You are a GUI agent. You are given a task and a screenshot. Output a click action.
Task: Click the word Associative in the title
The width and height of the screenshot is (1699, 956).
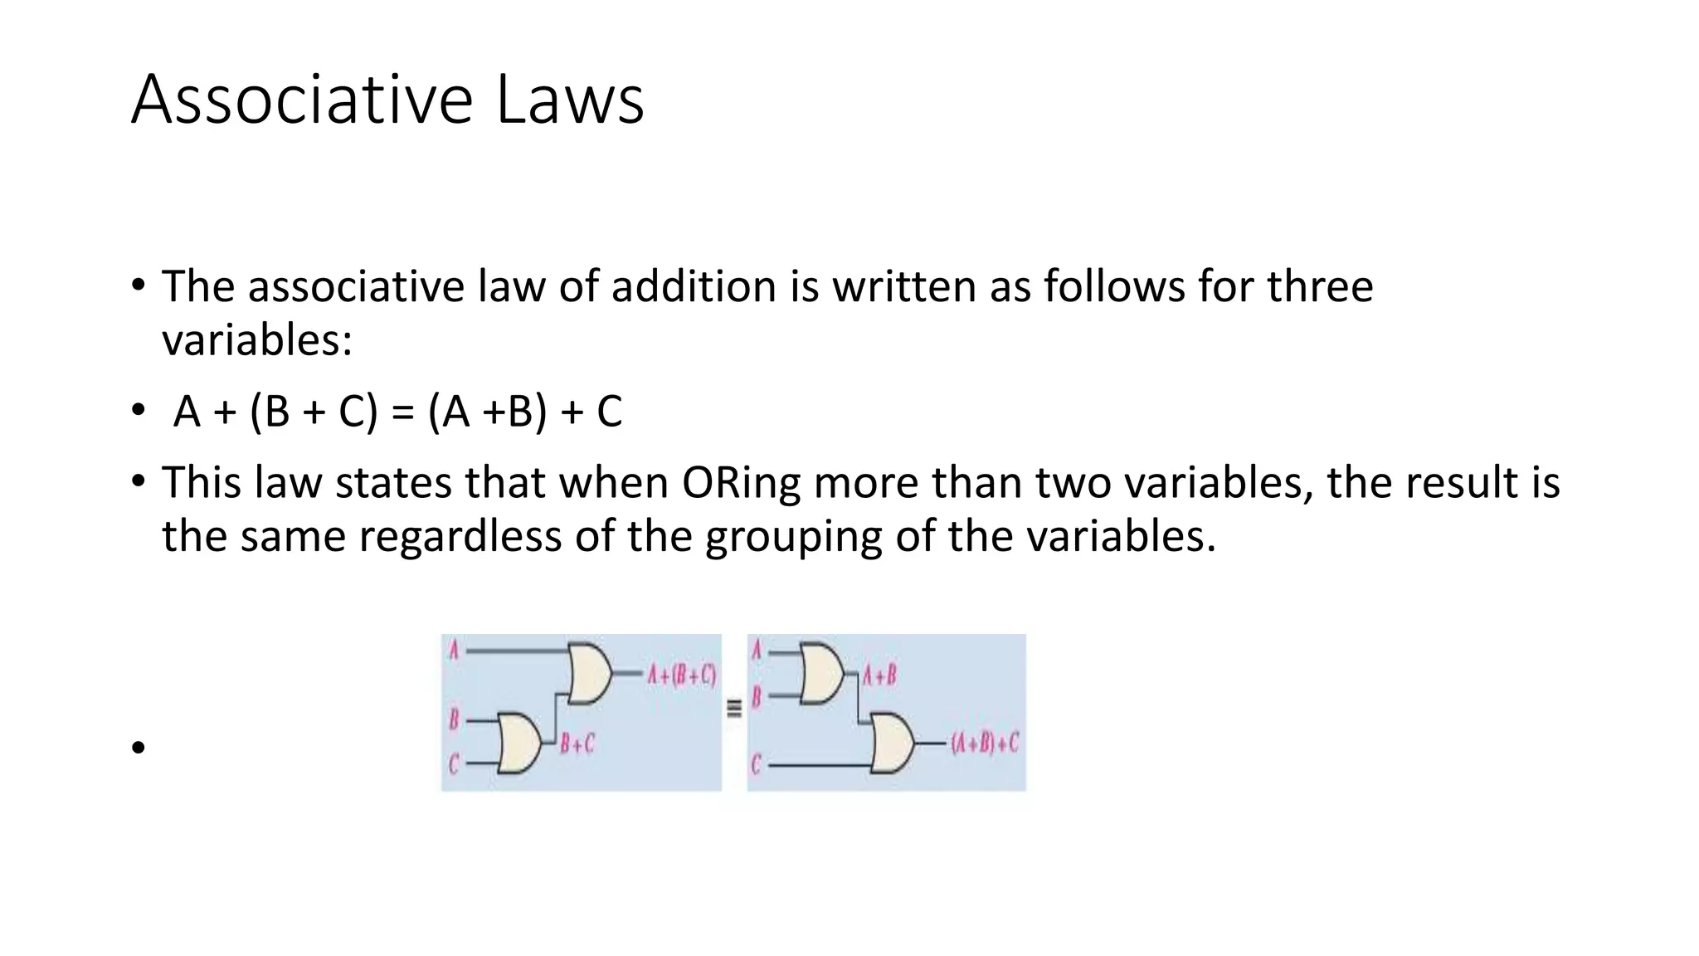coord(301,100)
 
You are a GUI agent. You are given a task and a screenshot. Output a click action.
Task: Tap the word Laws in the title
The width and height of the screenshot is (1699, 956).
coord(570,100)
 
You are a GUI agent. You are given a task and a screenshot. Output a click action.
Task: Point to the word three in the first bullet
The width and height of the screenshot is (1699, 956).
coord(1319,286)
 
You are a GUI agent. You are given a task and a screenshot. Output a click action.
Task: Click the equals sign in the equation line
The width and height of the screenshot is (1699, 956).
coord(402,412)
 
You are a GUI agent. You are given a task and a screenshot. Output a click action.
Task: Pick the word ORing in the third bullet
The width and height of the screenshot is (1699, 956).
coord(741,482)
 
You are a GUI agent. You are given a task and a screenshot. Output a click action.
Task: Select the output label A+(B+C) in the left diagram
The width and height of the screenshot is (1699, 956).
coord(681,674)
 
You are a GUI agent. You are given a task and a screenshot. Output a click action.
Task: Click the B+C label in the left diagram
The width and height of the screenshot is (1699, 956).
coord(577,744)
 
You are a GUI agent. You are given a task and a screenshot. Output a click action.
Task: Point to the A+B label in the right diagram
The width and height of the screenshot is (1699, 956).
coord(879,675)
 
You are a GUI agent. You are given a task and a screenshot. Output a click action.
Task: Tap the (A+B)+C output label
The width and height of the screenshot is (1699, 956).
coord(984,743)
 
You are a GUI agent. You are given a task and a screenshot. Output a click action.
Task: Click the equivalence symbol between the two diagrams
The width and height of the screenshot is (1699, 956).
coord(734,709)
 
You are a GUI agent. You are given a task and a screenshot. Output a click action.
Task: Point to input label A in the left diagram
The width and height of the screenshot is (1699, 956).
coord(454,650)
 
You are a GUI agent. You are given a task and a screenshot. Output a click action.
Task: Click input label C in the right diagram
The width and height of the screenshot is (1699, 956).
coord(756,763)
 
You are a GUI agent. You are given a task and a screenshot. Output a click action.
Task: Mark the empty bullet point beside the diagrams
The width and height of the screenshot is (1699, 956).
coord(138,748)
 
